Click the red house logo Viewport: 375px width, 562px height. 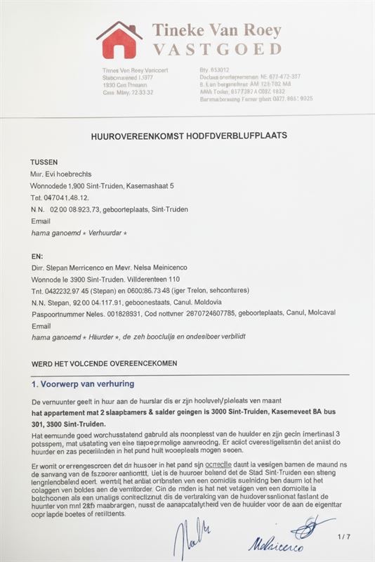(119, 40)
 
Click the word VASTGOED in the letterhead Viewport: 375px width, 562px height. (217, 49)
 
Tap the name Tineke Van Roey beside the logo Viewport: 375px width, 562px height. (217, 30)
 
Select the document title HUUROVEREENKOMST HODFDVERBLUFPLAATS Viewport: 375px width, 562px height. (189, 135)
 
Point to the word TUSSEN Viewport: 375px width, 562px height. (44, 162)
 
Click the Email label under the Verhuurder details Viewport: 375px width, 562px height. (41, 221)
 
